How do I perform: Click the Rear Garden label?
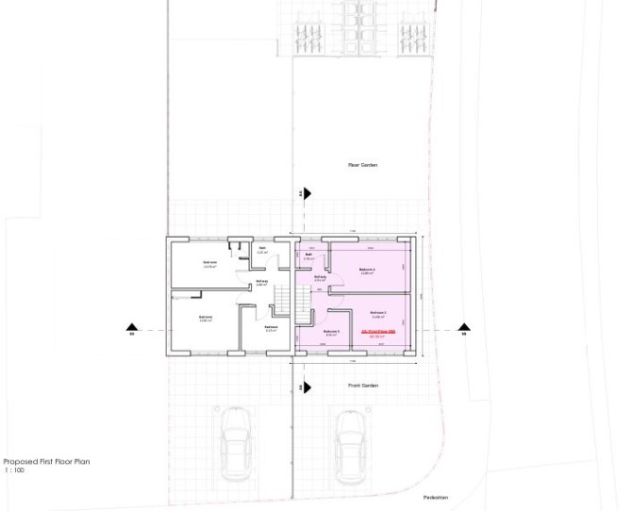click(362, 165)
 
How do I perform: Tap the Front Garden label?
click(362, 386)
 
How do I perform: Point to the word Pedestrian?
click(435, 497)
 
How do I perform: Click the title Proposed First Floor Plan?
click(46, 462)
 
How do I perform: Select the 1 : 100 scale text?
click(14, 470)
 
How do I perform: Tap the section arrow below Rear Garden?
click(307, 194)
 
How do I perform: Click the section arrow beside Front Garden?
click(307, 387)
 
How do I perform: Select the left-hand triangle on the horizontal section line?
click(132, 328)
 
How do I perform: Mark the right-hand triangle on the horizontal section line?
click(463, 328)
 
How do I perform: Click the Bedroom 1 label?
click(367, 270)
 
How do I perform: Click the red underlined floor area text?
click(378, 332)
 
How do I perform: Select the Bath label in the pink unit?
click(308, 255)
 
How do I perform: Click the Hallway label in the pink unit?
click(320, 277)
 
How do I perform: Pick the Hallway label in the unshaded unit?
click(261, 281)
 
